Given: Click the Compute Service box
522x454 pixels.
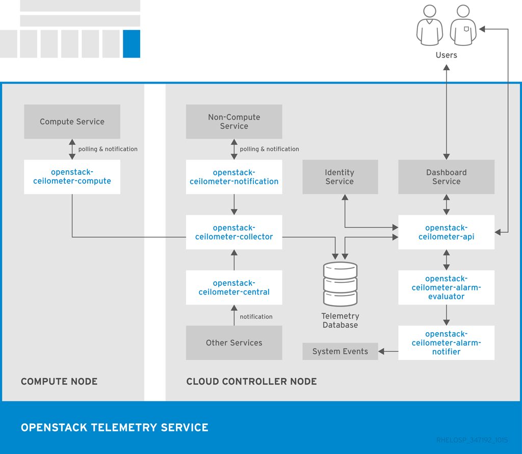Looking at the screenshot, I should [72, 122].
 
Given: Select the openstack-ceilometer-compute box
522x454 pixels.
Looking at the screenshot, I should [72, 177].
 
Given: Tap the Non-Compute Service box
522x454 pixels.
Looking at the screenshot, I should [234, 122].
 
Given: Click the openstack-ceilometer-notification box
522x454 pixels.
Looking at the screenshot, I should [234, 177].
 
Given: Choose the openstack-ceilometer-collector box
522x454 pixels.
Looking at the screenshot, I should [234, 232].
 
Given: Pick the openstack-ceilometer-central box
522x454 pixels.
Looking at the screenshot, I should [234, 287].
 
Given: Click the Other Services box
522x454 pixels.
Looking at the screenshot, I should [234, 343].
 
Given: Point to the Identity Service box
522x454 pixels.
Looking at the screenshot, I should [340, 177].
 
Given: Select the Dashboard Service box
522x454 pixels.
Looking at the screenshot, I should [446, 177].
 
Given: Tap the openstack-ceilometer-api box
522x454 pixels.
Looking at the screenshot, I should [446, 232].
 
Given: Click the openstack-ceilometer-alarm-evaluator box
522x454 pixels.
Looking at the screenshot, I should [446, 287].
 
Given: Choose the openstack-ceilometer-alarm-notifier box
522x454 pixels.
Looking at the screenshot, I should [446, 343].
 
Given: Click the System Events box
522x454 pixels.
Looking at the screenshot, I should [340, 352].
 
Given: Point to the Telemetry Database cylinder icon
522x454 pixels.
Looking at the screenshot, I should [340, 284].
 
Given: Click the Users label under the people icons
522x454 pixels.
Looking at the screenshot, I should [446, 55].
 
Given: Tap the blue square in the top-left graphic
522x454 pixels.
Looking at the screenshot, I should [132, 44].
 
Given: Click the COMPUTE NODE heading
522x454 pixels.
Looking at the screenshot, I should [59, 381].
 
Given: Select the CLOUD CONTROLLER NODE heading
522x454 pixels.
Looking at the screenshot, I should [251, 381].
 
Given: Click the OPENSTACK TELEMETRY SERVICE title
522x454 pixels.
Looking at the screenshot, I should [115, 428].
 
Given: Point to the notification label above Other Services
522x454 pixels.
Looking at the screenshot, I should [256, 316].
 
